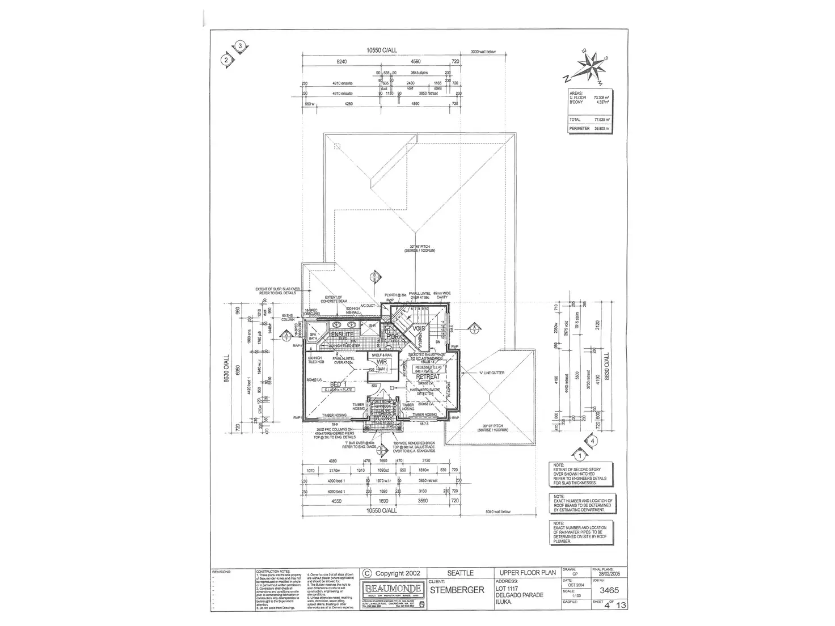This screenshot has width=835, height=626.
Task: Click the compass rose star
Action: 591,66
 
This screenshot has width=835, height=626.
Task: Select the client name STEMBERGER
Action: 458,590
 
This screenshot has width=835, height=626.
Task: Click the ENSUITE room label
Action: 342,335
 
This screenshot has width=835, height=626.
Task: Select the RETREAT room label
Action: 428,377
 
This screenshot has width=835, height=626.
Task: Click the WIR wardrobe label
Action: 381,361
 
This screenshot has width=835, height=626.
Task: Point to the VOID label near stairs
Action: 419,329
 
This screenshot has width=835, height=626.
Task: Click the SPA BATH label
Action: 313,336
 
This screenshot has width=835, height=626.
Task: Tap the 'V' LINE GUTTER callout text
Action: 484,373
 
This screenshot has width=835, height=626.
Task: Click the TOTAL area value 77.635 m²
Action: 602,120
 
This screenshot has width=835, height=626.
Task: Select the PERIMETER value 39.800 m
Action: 601,129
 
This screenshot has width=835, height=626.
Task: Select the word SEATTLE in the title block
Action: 460,573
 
